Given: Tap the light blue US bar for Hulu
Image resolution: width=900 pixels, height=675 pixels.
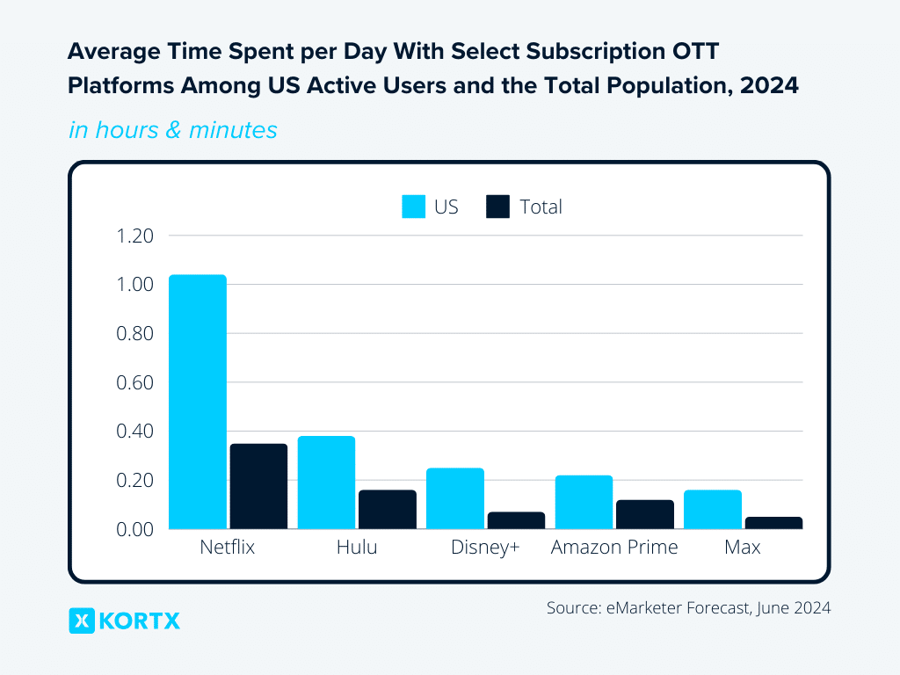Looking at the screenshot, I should tap(326, 483).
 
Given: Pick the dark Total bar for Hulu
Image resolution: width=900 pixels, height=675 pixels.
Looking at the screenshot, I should tap(388, 510).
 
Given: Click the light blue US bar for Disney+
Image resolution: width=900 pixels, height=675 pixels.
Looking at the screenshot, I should tap(455, 498).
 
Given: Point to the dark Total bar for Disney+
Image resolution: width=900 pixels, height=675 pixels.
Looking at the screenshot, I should tap(516, 520).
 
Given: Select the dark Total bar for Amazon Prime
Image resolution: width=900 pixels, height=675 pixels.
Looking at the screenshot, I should tap(645, 514).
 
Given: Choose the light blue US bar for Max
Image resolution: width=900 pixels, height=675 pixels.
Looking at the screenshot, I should tap(713, 510).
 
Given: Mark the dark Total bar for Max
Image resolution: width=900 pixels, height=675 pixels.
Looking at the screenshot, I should tap(773, 523).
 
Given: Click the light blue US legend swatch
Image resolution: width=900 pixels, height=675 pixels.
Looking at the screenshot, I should tap(414, 207).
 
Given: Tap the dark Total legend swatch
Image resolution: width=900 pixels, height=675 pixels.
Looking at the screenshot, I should tap(497, 207).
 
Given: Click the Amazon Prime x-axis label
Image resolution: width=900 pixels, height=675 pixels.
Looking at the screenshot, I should tap(614, 548).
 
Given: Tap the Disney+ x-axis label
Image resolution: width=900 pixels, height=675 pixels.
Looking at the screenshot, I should tap(485, 548).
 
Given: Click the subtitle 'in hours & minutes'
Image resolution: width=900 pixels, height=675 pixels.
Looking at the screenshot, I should tap(173, 130).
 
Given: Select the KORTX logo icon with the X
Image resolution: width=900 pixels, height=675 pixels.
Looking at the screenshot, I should tap(82, 621).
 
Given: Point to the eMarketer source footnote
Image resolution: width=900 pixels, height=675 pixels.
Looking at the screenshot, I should tap(688, 607).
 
